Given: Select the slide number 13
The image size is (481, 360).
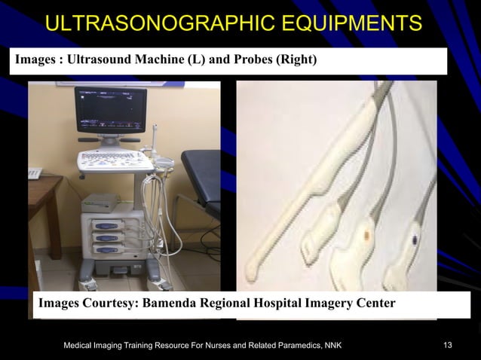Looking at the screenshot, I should coord(448,345).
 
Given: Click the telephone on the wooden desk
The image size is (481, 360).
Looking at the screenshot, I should coord(34,173).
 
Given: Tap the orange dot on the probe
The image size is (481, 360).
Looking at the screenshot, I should coord(366,234).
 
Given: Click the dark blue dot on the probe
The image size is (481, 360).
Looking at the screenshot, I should coord(414,240).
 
